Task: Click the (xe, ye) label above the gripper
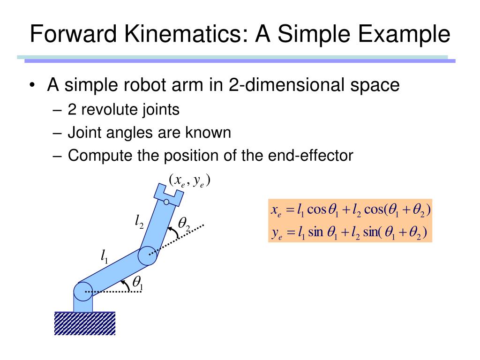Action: (189, 180)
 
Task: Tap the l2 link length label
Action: (139, 221)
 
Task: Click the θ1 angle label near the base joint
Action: (137, 283)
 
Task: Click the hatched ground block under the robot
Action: (85, 323)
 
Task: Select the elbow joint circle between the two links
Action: (148, 255)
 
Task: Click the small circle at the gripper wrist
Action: (166, 202)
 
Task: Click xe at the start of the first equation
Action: (276, 210)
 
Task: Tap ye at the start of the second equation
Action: (276, 232)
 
